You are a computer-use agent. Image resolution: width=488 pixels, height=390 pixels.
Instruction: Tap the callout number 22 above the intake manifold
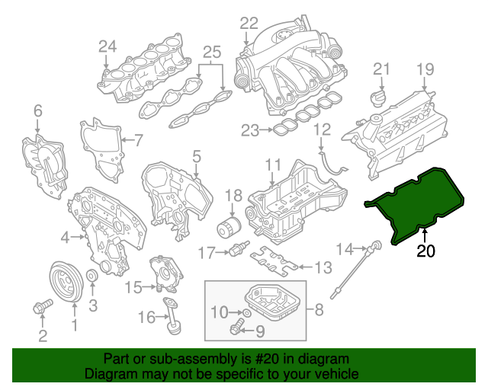(x=249, y=24)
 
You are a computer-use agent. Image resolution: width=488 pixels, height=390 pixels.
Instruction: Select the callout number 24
(x=108, y=47)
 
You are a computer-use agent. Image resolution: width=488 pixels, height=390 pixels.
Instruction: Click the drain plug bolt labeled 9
(x=236, y=329)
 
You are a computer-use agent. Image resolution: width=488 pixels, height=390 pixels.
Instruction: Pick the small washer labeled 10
(x=249, y=312)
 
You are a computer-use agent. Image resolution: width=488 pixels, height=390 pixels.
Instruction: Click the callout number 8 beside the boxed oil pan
(x=318, y=310)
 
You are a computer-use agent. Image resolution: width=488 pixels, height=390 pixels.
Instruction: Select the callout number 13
(x=323, y=267)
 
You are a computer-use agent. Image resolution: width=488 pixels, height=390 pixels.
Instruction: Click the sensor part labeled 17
(x=242, y=251)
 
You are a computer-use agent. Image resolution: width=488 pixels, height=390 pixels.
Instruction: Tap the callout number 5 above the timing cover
(x=196, y=158)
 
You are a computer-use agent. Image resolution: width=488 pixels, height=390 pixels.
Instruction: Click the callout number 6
(x=38, y=113)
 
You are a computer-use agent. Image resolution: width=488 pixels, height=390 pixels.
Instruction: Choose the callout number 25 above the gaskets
(x=211, y=53)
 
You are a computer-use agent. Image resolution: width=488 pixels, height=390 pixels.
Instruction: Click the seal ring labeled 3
(x=90, y=276)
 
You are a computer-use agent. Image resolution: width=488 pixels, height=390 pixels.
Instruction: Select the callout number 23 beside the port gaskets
(x=251, y=131)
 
